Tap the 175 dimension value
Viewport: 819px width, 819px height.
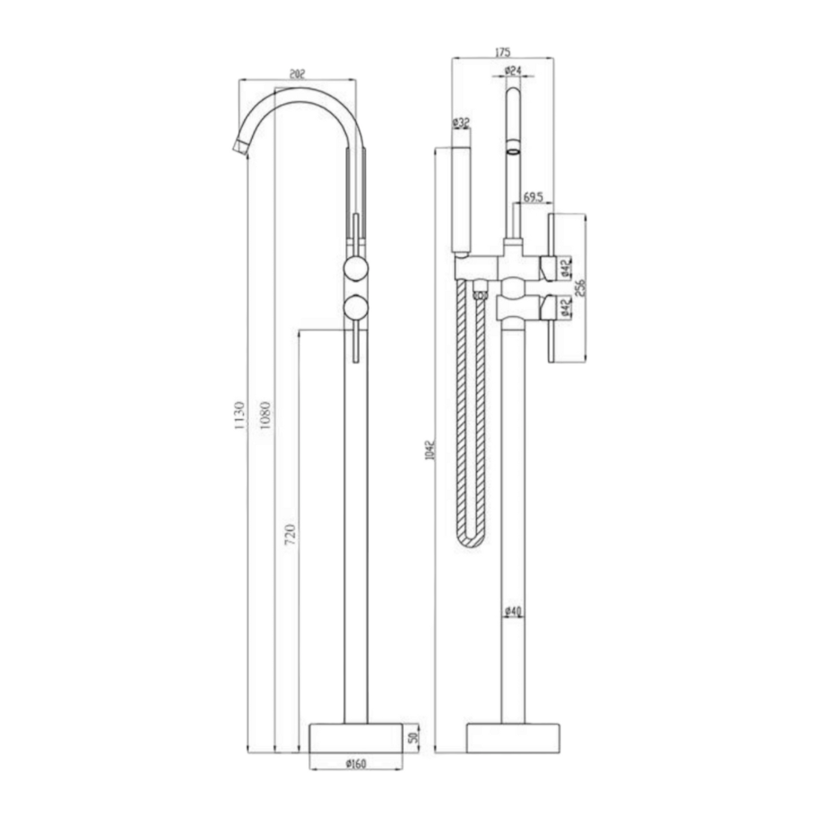coord(503,52)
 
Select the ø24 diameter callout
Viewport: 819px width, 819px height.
coord(513,71)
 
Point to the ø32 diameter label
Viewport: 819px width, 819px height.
coord(460,123)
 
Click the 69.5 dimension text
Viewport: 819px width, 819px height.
coord(534,197)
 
